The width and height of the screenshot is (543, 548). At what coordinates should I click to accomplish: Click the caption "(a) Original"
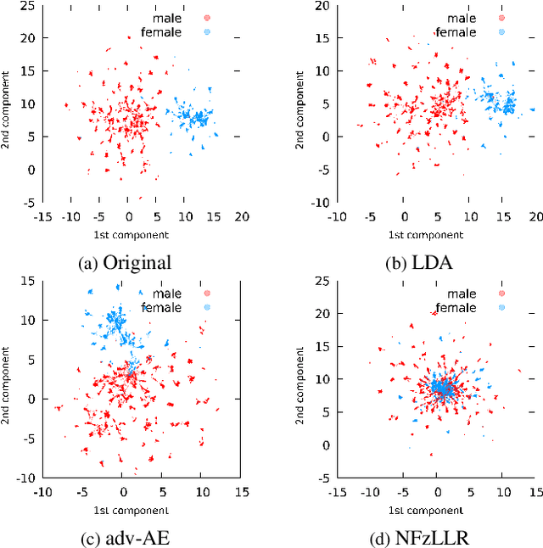125,263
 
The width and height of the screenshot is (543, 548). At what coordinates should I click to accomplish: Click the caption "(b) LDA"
419,263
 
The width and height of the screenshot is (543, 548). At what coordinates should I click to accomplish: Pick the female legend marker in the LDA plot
501,31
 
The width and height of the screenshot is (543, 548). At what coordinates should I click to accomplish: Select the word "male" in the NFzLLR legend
462,294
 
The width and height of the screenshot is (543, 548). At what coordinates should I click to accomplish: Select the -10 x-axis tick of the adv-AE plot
42,489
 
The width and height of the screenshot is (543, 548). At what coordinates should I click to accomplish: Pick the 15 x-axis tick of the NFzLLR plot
535,489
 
